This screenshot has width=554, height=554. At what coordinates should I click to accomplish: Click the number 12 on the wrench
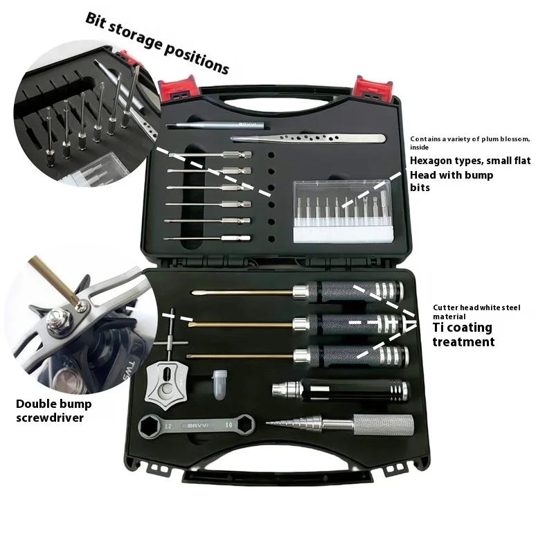coord(168,426)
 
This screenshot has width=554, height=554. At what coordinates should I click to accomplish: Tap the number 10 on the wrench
coord(229,425)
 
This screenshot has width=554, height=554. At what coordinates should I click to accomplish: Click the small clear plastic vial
coord(220,384)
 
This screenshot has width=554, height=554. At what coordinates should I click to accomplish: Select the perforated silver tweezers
coord(307,138)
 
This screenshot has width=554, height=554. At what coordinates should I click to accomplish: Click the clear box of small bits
coord(343,211)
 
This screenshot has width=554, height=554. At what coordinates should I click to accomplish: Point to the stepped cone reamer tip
coord(294,423)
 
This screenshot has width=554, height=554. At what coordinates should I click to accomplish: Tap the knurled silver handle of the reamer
coord(384,425)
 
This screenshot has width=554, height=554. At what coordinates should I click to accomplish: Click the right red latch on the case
coord(373,88)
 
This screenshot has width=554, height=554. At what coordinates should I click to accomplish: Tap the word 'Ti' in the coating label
coord(438,328)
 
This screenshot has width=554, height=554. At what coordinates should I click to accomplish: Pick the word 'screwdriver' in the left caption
coord(50,418)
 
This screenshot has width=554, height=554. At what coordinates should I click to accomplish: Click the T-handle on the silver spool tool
coord(171,342)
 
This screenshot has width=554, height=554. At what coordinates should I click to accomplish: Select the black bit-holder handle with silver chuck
coord(341,390)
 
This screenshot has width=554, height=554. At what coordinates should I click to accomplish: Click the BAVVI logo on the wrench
coord(198,425)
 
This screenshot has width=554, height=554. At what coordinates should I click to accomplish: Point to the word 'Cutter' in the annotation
coord(445,307)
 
